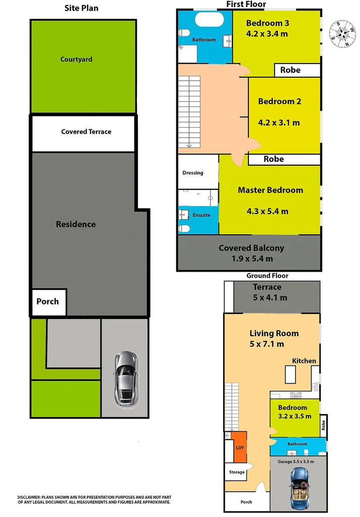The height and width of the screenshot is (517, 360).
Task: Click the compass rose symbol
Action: [342, 34]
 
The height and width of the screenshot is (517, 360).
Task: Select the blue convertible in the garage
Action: [300, 488]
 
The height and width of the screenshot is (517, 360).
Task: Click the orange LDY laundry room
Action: [239, 447]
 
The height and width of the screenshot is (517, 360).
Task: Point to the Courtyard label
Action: [76, 59]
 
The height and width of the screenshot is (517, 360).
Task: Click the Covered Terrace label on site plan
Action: [86, 132]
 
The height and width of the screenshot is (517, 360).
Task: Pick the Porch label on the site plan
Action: [47, 301]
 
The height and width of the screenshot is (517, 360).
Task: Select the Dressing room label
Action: [193, 173]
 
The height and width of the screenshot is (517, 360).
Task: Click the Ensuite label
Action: [201, 216]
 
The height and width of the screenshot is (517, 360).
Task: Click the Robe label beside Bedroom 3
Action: [290, 70]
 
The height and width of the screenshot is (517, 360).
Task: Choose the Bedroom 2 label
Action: [280, 101]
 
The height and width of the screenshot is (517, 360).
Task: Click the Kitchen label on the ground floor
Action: [304, 360]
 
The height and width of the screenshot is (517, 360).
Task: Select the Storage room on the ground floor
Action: [236, 472]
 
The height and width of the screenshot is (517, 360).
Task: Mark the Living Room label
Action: [274, 333]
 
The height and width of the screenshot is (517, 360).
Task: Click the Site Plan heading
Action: [81, 8]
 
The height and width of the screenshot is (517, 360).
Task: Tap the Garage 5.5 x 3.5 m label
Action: [296, 461]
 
